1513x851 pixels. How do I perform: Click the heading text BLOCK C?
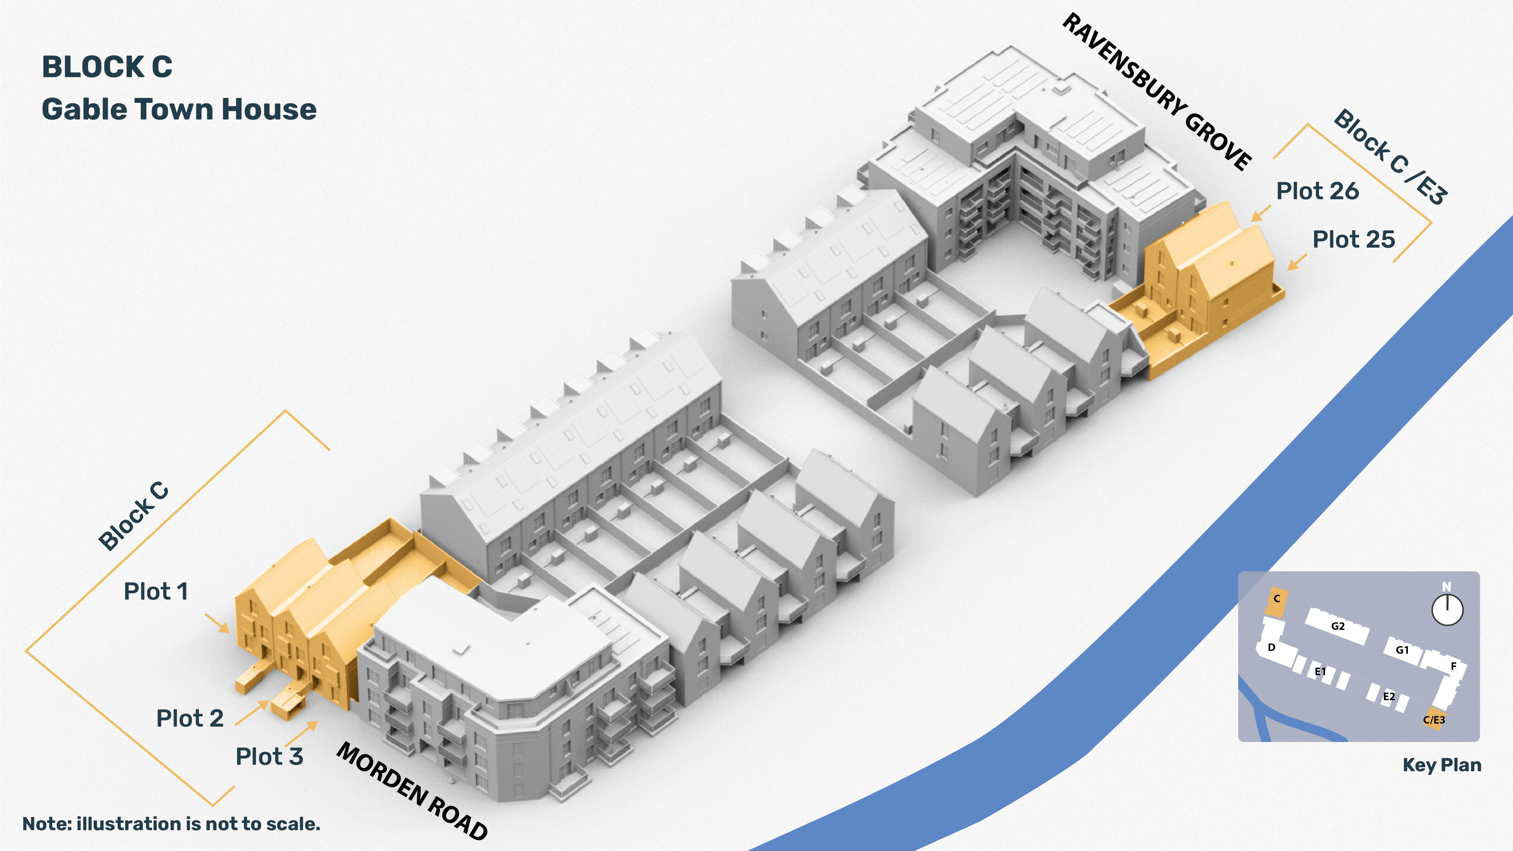coord(107,67)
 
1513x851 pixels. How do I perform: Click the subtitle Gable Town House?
coord(179,109)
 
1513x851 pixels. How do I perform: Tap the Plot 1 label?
coord(156,591)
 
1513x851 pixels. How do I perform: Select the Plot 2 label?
coord(190,718)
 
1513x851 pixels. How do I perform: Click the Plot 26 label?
coord(1317,191)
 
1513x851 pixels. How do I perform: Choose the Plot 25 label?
coord(1354,240)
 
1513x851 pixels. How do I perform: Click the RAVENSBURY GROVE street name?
coord(1158,92)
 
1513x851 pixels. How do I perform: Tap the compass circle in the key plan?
coord(1447,610)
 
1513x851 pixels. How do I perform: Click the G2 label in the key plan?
coord(1338,626)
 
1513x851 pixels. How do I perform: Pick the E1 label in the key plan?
coord(1321,671)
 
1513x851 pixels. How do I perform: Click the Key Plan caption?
coord(1442,765)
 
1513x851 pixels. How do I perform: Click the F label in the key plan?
coord(1454,666)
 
